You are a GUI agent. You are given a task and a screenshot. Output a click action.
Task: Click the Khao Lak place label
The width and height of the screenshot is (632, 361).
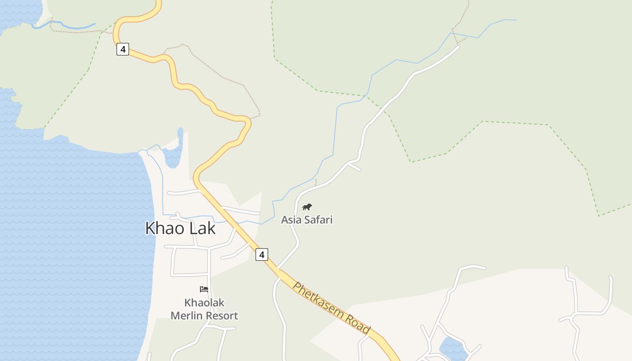pos(180,228)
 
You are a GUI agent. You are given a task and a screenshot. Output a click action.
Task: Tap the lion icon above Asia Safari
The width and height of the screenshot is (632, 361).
pos(307,207)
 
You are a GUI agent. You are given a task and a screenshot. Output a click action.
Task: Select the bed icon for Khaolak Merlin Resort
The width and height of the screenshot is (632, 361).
pos(204,289)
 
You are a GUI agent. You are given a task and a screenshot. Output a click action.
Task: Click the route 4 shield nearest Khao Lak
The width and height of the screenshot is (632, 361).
pos(261,255)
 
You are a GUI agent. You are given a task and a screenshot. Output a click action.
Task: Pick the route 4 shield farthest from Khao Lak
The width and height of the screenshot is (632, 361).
pos(123,49)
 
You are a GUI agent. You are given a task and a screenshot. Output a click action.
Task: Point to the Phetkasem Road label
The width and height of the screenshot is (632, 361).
pos(332,308)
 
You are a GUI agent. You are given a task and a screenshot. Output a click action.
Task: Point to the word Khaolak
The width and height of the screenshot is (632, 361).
pos(204,303)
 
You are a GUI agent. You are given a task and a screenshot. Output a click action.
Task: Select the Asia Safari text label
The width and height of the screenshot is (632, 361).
pos(307,220)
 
